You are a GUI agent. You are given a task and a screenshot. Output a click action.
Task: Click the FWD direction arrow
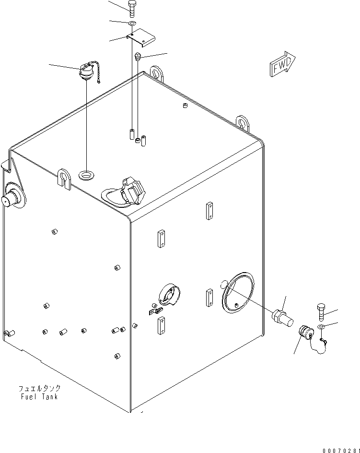tap(282, 64)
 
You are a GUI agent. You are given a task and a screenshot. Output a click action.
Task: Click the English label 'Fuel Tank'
tap(39, 396)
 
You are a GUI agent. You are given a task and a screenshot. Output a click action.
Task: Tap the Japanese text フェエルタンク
tap(40, 388)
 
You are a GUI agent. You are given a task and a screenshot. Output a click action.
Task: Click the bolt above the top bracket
tap(132, 8)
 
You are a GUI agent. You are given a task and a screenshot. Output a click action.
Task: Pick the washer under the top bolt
tap(132, 23)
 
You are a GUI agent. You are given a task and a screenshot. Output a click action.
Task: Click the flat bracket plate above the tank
tap(140, 38)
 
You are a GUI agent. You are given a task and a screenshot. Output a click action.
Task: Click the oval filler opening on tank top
tap(86, 175)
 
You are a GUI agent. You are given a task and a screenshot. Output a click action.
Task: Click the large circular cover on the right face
tap(238, 292)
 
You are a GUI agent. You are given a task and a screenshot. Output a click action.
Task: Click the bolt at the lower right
tap(321, 312)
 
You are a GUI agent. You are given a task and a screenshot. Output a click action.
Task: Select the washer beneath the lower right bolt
tap(321, 327)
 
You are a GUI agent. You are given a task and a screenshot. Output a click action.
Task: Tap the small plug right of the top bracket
tap(138, 56)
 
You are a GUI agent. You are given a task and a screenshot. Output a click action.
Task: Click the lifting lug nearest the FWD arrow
tap(242, 122)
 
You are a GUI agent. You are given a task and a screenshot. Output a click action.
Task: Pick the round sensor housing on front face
tap(169, 295)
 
